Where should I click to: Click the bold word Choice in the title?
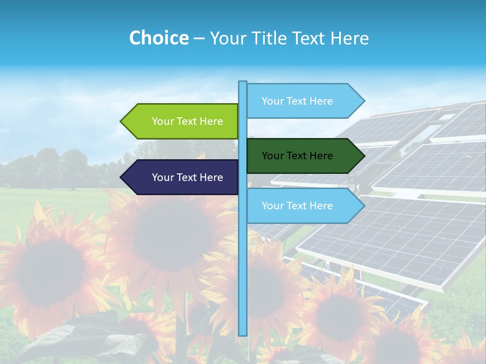[158, 38]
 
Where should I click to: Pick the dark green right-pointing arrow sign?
[301, 156]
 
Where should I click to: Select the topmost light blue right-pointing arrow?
[301, 101]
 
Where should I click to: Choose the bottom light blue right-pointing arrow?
[301, 206]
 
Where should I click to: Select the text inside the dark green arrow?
[297, 156]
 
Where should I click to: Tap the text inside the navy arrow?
[187, 177]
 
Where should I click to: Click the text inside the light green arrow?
[187, 121]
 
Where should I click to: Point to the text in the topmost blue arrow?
[297, 101]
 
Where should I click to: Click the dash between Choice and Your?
[199, 38]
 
